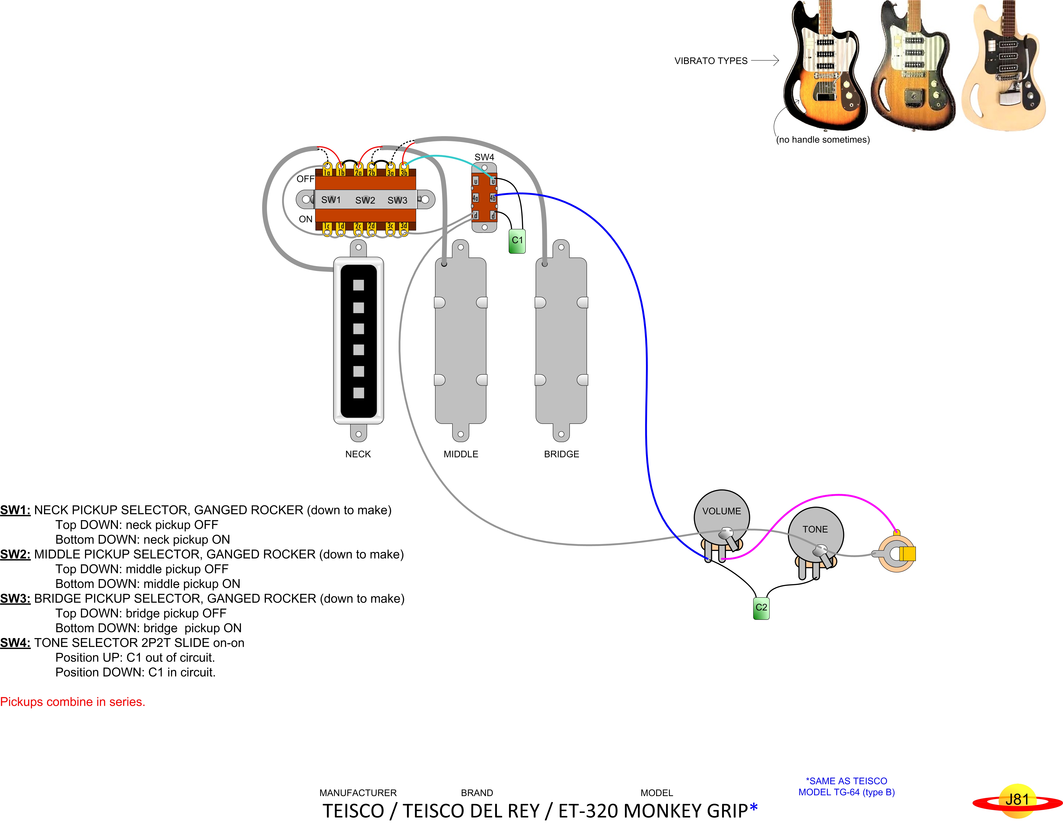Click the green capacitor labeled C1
(517, 241)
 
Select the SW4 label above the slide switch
(484, 157)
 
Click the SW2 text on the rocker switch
(365, 200)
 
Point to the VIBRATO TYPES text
(711, 61)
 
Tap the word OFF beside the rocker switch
(305, 179)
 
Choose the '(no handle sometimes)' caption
(822, 140)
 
